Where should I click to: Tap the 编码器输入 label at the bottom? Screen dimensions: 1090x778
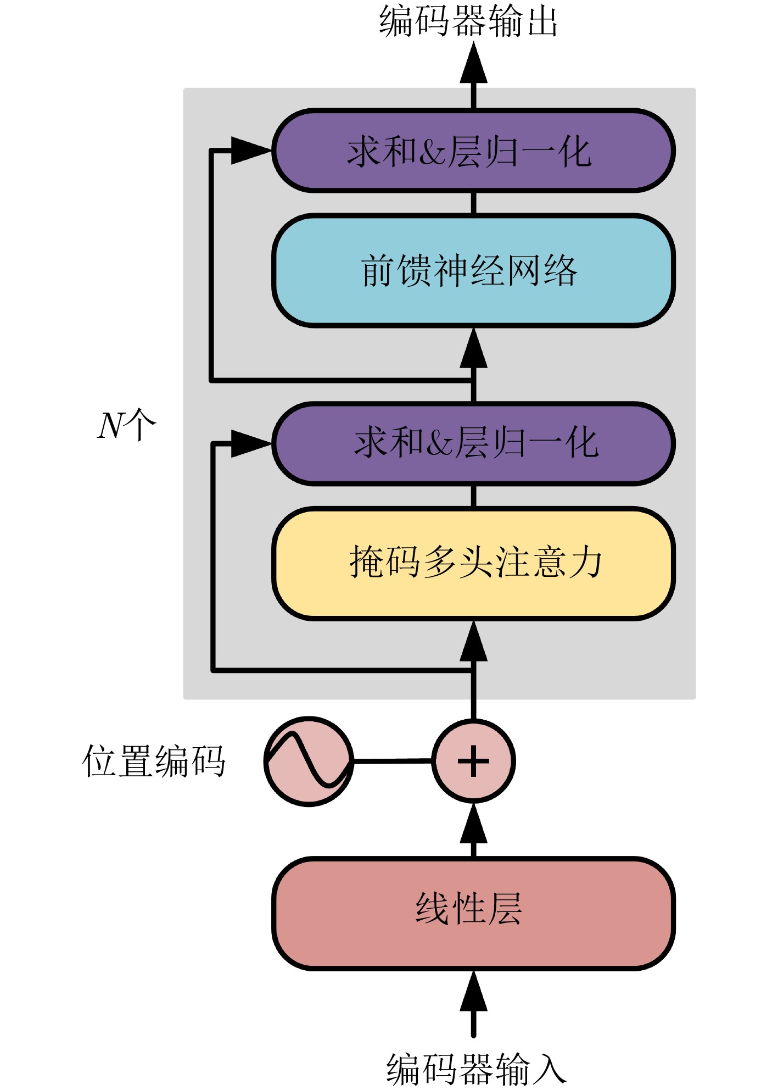pyautogui.click(x=475, y=1069)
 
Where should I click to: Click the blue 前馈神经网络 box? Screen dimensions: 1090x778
pyautogui.click(x=473, y=271)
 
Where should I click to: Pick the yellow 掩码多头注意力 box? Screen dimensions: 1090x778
pyautogui.click(x=473, y=563)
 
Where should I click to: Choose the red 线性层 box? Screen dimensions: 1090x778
pyautogui.click(x=473, y=914)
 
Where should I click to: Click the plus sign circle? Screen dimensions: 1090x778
pyautogui.click(x=473, y=761)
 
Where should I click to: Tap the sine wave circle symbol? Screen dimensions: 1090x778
pyautogui.click(x=309, y=761)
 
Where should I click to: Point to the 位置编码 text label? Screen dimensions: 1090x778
pyautogui.click(x=154, y=761)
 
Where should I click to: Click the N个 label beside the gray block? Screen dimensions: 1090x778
pyautogui.click(x=126, y=425)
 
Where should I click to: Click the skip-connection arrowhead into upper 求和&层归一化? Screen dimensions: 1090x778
pyautogui.click(x=250, y=150)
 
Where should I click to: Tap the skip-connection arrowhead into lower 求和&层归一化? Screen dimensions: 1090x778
pyautogui.click(x=250, y=443)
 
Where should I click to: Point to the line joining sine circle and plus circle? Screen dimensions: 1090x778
pyautogui.click(x=393, y=761)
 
